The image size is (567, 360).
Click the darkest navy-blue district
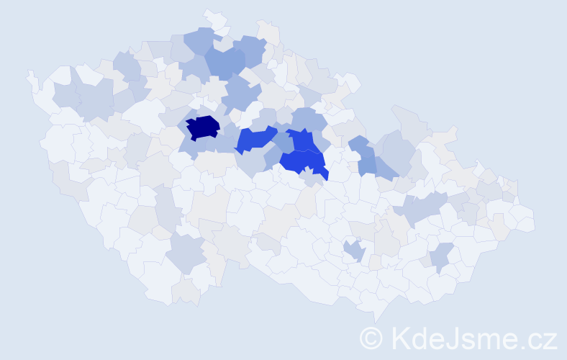203,127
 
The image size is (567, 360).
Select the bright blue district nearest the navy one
256,138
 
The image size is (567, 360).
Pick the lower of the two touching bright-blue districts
302,162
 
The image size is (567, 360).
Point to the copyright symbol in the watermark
371,337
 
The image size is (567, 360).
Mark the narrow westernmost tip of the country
30,74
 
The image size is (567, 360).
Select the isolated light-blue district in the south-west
186,253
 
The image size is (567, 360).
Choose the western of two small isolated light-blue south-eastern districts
353,251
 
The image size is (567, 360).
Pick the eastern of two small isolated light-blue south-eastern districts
440,256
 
